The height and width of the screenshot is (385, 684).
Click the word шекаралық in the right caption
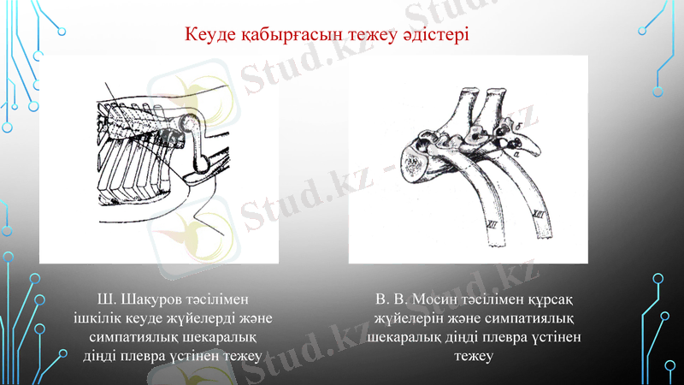click(405, 337)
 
